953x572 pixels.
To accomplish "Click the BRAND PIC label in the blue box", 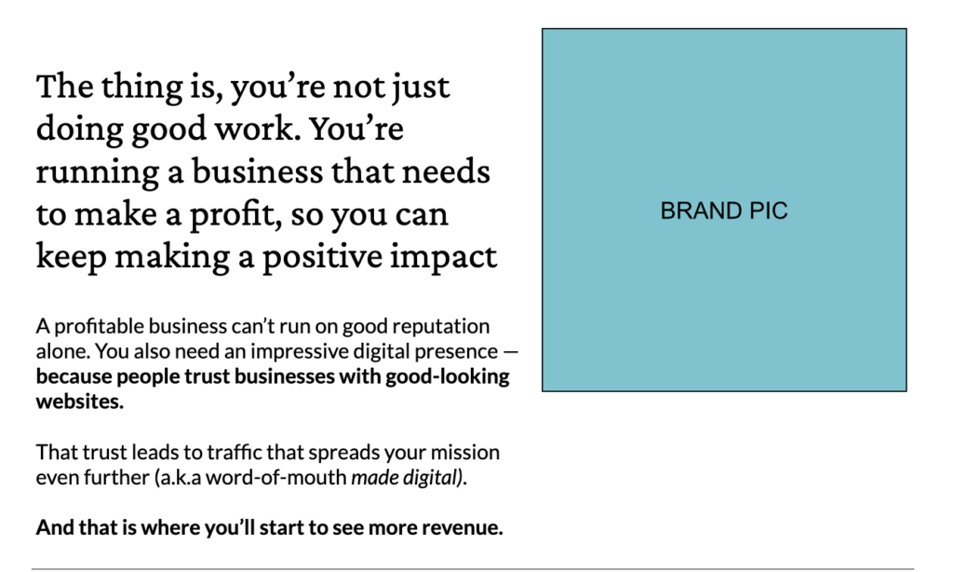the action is click(x=724, y=211).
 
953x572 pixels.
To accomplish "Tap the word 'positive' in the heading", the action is click(x=322, y=257).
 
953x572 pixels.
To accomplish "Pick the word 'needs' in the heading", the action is click(x=446, y=171).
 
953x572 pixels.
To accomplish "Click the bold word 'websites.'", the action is click(x=80, y=402).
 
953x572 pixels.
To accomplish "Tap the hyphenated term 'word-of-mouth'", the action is click(x=275, y=478).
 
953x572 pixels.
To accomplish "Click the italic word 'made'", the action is click(x=370, y=478).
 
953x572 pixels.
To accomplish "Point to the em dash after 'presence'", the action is click(x=511, y=352).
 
